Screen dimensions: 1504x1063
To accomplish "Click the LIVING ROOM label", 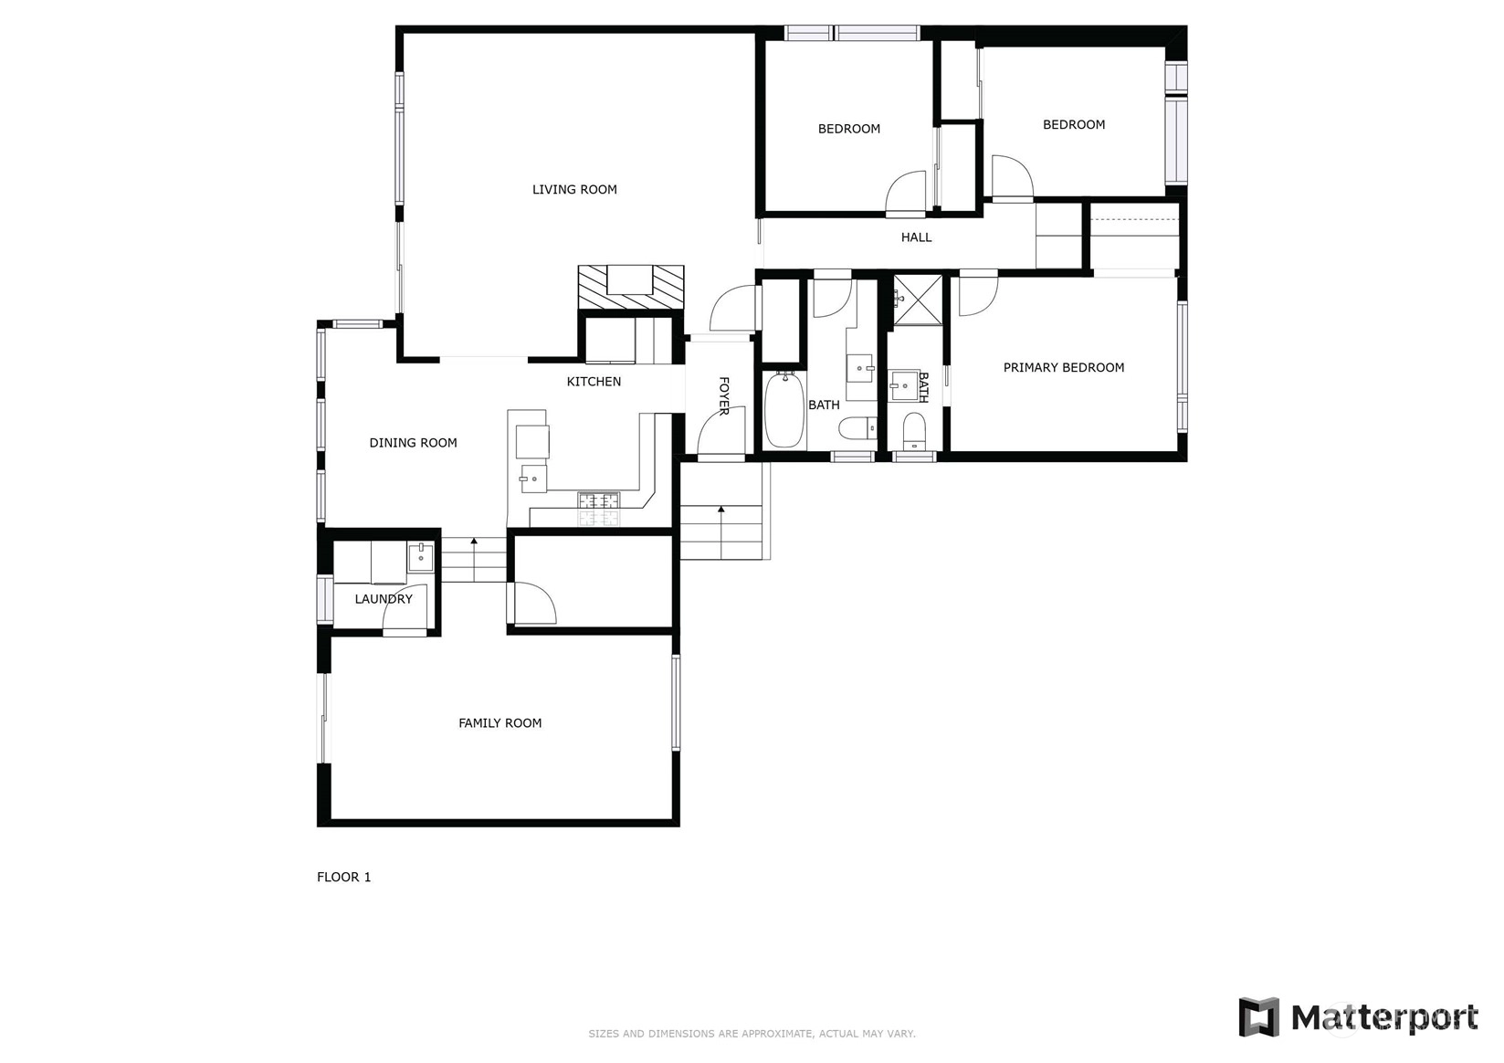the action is pos(574,189).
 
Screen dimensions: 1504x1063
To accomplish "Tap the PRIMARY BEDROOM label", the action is pos(1064,367).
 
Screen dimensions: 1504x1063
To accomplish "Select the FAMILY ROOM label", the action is pos(500,722).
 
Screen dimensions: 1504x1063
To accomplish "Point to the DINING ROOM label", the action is pos(413,443).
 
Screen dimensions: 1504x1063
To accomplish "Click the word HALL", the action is pos(916,237).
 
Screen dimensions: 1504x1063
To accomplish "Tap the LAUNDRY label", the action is pos(384,598).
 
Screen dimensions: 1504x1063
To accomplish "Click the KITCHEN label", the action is pos(594,382).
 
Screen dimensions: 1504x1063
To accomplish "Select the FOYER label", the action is pos(724,395).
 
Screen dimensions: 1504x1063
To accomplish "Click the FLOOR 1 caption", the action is pos(343,877).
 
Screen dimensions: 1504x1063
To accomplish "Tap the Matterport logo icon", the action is pos(1258,1016).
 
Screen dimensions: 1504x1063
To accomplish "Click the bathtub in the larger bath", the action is pos(784,409).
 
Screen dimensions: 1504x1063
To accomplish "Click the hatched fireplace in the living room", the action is pos(631,288).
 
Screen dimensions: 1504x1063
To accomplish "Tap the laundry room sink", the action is pos(420,557).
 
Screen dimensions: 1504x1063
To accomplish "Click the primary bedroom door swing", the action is pos(978,296).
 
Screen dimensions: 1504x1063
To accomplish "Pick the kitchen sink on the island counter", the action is pos(534,479).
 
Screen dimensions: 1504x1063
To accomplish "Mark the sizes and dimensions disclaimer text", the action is pos(752,1034).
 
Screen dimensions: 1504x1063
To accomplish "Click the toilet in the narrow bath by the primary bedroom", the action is pos(914,431).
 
